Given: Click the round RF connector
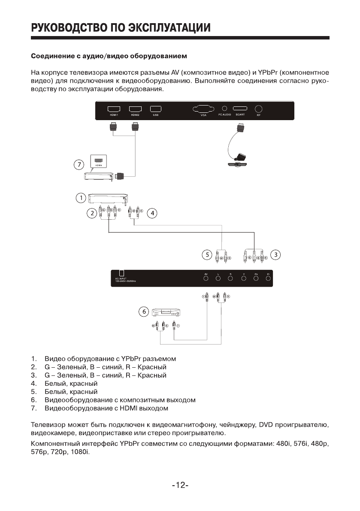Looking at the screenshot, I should (259, 109).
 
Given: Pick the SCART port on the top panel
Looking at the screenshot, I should (240, 109).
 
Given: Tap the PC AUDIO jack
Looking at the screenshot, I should (224, 109).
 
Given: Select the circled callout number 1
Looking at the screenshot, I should (80, 198).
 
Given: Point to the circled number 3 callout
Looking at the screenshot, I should (276, 255).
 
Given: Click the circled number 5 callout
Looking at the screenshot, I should (207, 255).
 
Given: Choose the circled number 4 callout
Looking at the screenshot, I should (152, 213).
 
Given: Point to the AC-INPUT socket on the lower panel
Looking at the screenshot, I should (122, 273).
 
